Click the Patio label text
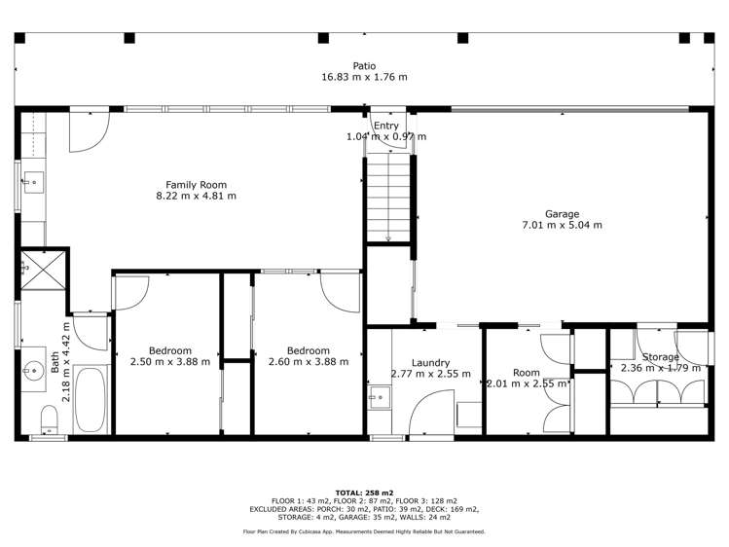point(364,66)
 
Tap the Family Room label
point(196,184)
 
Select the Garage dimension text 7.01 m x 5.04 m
point(562,226)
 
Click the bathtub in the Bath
point(93,398)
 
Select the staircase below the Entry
point(388,201)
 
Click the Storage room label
point(661,357)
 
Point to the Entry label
point(386,126)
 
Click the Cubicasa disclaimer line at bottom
point(364,531)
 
